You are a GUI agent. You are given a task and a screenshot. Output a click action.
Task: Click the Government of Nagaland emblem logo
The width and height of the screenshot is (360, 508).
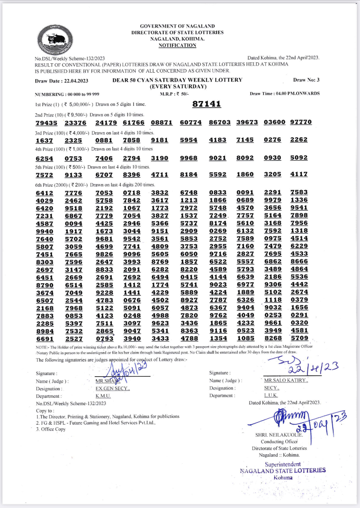point(55,40)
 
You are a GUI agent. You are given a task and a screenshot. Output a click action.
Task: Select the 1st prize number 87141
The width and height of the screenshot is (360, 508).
point(206,104)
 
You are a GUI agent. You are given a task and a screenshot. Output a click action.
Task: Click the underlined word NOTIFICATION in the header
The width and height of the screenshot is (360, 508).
point(177,45)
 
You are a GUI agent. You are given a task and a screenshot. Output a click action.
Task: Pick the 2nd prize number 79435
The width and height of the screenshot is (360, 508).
point(46,123)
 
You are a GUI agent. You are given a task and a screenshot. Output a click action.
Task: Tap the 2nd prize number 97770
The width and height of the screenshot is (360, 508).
point(301,122)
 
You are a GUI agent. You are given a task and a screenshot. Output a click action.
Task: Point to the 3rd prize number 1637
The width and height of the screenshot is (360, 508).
point(44,141)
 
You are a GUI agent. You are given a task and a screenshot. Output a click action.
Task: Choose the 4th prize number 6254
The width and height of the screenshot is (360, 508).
point(44,159)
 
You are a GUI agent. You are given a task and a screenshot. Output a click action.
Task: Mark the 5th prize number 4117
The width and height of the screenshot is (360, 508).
point(299,174)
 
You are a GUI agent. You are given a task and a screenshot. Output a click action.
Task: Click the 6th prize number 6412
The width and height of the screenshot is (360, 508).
point(44,193)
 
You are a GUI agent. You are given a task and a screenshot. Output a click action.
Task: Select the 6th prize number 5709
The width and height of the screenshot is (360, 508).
point(300,338)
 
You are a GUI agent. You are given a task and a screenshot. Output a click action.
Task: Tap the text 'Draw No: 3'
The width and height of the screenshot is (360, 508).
point(306,80)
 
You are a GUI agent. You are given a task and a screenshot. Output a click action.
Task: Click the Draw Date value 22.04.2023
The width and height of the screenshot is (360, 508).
point(76,81)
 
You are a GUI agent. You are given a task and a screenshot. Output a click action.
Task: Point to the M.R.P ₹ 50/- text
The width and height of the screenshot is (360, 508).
point(174,94)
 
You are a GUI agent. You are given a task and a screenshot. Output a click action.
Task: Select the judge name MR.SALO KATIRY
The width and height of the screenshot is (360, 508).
point(286,380)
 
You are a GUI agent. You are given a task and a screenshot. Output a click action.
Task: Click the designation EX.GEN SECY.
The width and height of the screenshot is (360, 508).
point(113,388)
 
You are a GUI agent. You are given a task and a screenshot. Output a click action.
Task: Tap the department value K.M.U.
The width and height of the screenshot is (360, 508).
point(103,396)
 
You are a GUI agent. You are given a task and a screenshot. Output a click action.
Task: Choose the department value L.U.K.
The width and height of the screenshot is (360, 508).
point(271,395)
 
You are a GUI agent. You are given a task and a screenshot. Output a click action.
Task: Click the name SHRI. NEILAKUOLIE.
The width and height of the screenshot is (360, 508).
point(279,435)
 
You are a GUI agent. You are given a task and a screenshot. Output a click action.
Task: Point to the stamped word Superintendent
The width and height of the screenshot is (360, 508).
point(283,464)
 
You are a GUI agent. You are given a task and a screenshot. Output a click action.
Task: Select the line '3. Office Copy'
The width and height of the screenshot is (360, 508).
point(51,429)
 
